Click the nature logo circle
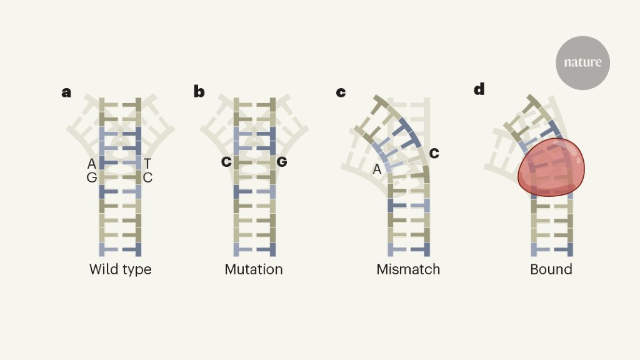click(582, 62)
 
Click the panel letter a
click(66, 92)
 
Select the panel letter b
click(199, 92)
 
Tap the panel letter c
click(341, 92)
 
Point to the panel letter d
click(479, 89)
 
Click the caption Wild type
click(121, 270)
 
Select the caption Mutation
click(254, 270)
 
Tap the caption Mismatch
click(408, 270)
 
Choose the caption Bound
click(551, 270)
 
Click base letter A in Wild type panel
click(92, 164)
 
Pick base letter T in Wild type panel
click(147, 164)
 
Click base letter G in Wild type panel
click(92, 177)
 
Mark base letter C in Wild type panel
click(147, 177)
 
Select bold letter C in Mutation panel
click(226, 162)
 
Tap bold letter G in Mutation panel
click(282, 162)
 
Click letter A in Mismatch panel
click(377, 169)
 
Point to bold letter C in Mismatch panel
click(434, 152)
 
